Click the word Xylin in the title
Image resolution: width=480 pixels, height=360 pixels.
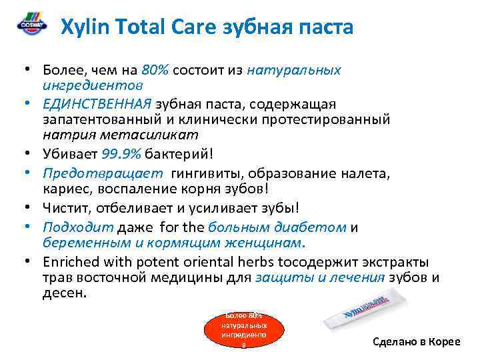click(83, 27)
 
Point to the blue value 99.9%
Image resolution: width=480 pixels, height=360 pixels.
click(120, 154)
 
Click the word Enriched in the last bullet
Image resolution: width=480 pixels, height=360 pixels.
click(71, 261)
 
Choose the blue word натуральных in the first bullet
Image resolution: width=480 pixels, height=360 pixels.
click(294, 70)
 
